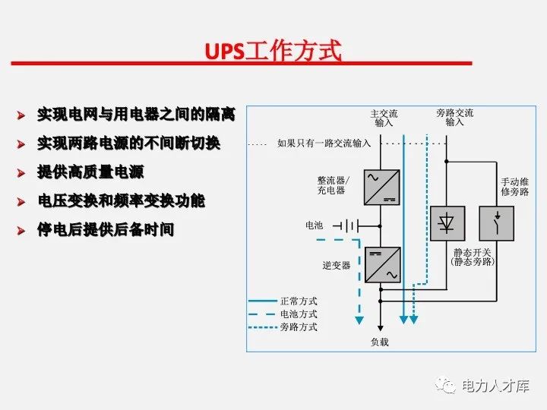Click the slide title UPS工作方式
(x=273, y=52)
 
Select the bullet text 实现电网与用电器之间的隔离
(x=136, y=115)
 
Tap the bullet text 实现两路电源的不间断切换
(x=128, y=143)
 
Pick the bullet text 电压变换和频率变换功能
(x=121, y=200)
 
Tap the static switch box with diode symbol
(x=447, y=222)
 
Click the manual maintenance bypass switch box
(x=497, y=222)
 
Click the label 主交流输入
(x=384, y=118)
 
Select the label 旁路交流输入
(x=454, y=117)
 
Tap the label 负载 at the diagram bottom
(x=379, y=342)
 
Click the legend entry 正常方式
(x=299, y=301)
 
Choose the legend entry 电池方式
(x=299, y=314)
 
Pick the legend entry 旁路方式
(x=299, y=327)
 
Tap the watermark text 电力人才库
(x=494, y=386)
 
